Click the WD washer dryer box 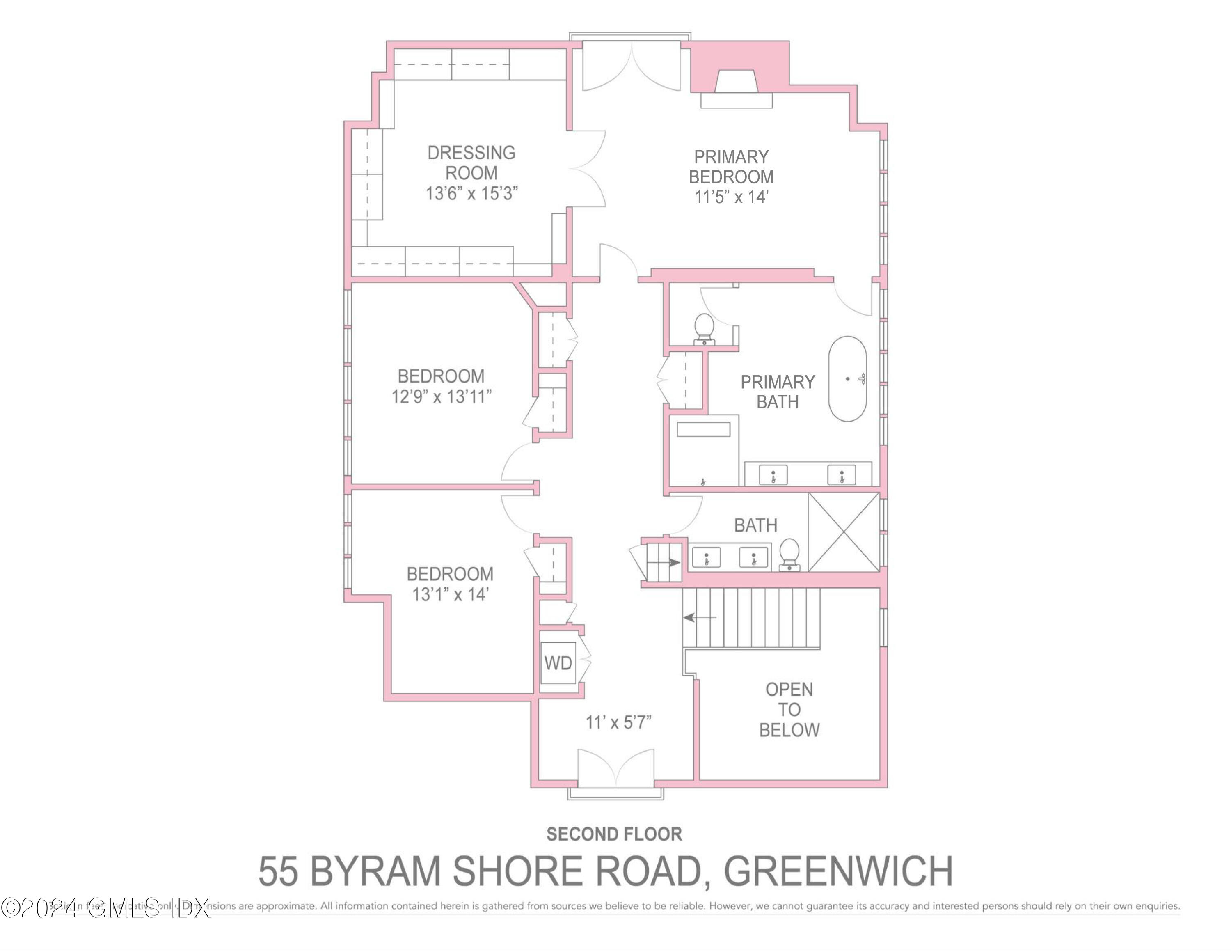558,663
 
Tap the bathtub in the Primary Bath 847,379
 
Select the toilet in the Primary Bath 704,329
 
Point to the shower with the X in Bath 844,532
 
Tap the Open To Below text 789,709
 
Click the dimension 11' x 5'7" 618,722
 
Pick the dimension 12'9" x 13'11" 442,397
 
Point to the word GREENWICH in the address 838,871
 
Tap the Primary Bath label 777,392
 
